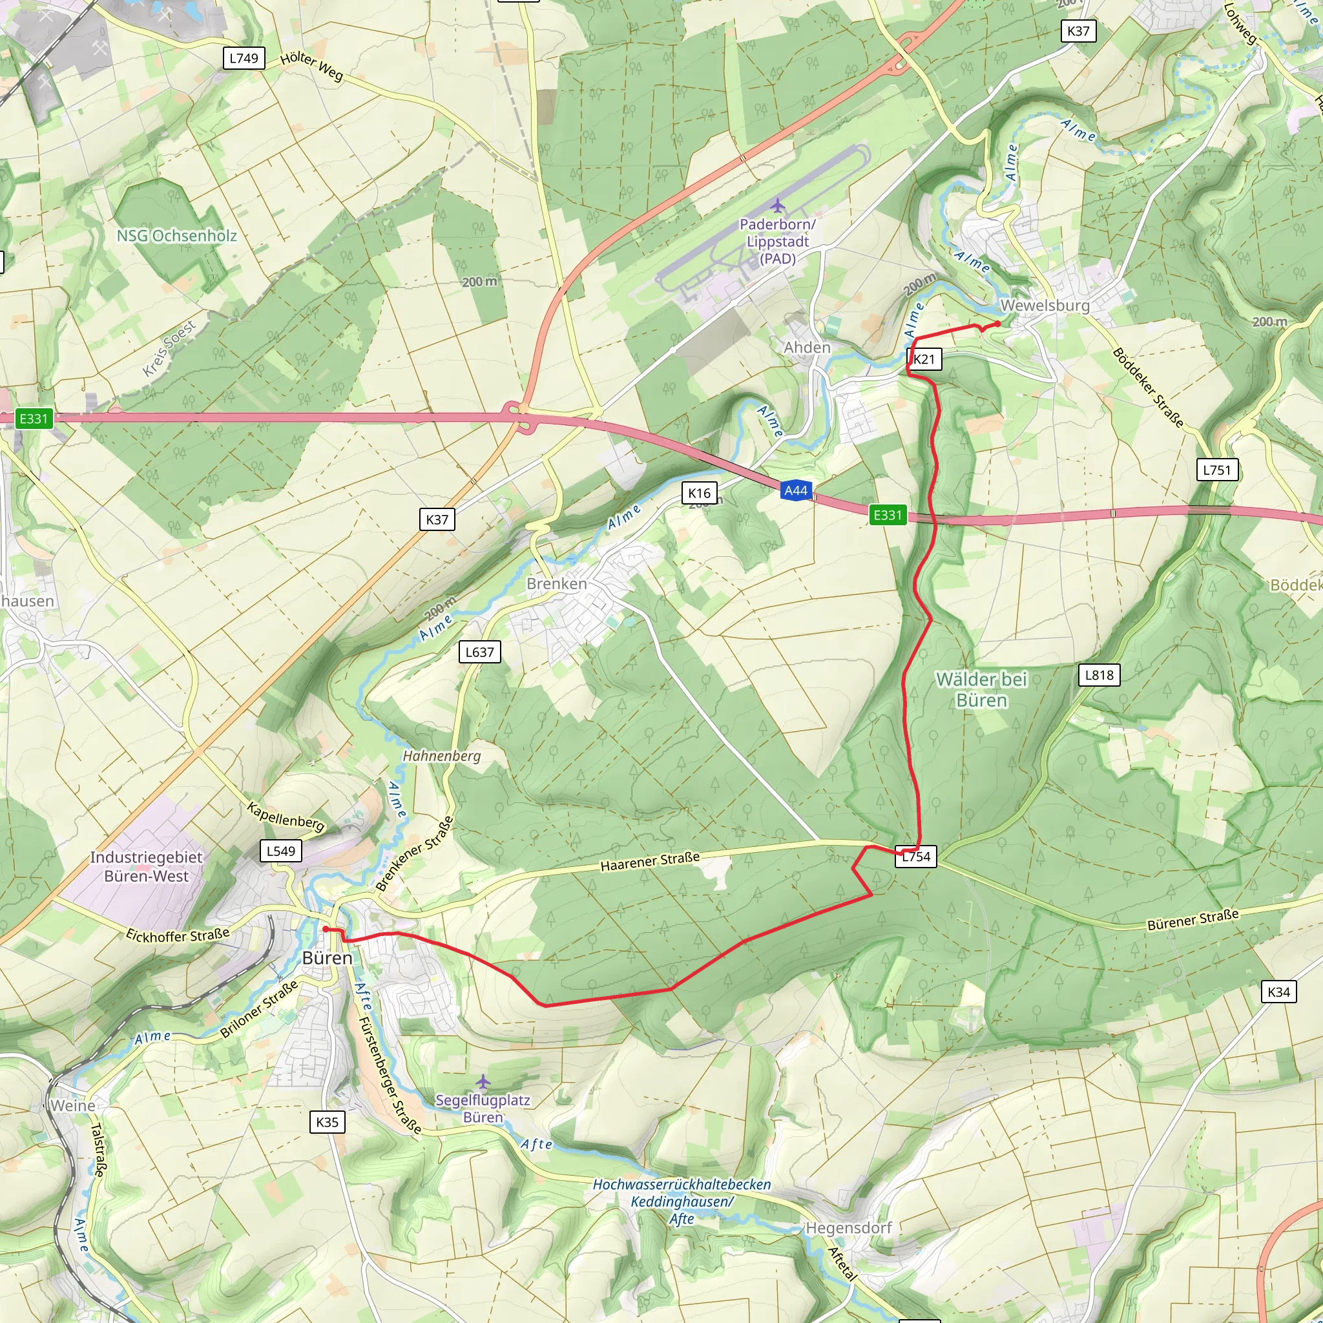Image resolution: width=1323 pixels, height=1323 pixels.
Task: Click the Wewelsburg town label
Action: coord(1045,306)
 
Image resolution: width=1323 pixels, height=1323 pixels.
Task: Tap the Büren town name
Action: coord(328,958)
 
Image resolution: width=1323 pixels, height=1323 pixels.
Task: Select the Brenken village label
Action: coord(557,584)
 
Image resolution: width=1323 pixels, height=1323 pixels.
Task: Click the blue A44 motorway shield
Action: coord(796,490)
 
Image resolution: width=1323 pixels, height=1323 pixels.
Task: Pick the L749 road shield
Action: coord(244,58)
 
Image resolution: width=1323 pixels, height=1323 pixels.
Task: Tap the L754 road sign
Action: coord(915,857)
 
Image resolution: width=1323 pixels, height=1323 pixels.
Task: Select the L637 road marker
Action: coord(479,652)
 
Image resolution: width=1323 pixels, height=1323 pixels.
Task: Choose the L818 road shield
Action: coord(1099,675)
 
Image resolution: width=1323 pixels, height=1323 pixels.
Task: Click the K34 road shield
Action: coord(1278,992)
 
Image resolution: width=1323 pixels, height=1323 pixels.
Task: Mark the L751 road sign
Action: coord(1217,470)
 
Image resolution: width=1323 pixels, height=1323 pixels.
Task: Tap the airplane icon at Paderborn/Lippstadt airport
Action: coord(777,205)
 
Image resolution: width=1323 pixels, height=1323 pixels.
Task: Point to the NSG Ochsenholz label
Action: coord(176,236)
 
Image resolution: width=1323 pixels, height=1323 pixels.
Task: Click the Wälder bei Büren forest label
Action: coord(981,689)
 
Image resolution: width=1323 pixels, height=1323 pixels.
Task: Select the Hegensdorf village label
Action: coord(848,1228)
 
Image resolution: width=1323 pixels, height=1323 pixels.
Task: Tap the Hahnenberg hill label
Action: coord(442,756)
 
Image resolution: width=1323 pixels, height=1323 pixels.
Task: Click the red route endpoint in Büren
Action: coord(326,929)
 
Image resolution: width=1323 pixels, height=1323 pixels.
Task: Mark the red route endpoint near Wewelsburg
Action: coord(997,324)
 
